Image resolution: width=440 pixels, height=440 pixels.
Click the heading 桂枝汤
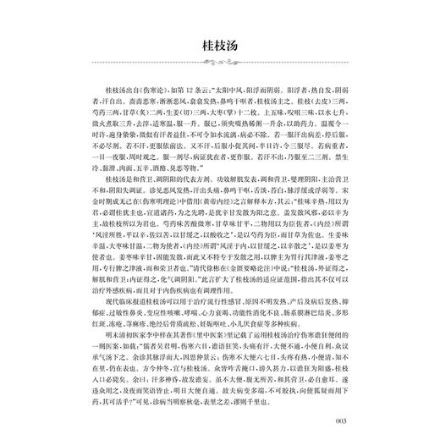click(x=219, y=45)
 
